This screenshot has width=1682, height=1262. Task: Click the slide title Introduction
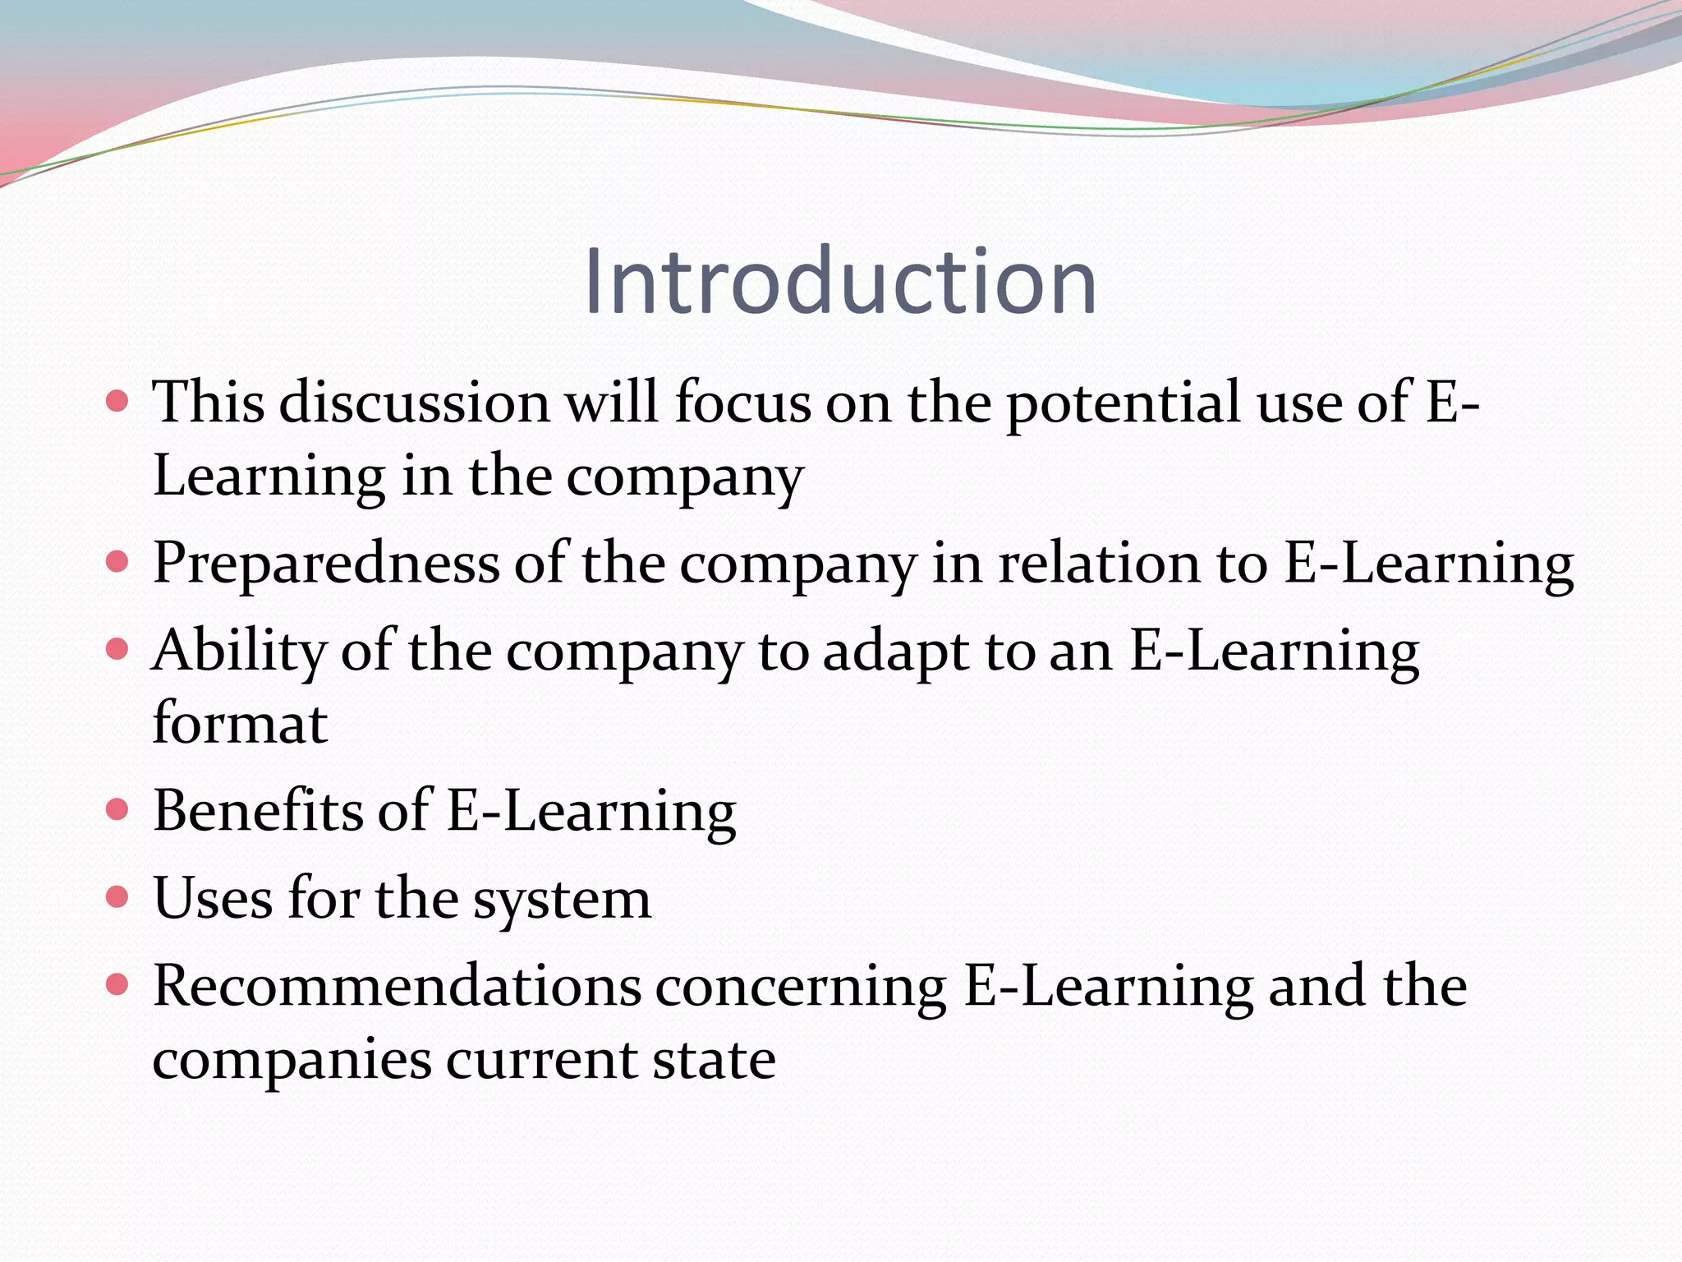click(840, 282)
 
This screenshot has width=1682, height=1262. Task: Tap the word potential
click(1123, 403)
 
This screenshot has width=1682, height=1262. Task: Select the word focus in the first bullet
click(743, 403)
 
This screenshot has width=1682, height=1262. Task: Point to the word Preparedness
click(326, 564)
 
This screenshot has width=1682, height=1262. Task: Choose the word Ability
click(239, 652)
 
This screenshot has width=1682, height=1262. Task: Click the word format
click(241, 724)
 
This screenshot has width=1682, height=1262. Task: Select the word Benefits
click(257, 811)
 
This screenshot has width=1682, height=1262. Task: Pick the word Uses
click(213, 898)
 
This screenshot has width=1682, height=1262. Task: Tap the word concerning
click(801, 988)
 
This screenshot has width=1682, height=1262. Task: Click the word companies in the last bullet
click(292, 1060)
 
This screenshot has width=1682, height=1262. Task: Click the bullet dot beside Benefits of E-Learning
click(118, 811)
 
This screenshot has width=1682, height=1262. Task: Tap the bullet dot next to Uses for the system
click(118, 896)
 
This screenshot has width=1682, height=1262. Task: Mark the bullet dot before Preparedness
click(118, 562)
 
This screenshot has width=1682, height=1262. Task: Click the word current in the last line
click(541, 1060)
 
